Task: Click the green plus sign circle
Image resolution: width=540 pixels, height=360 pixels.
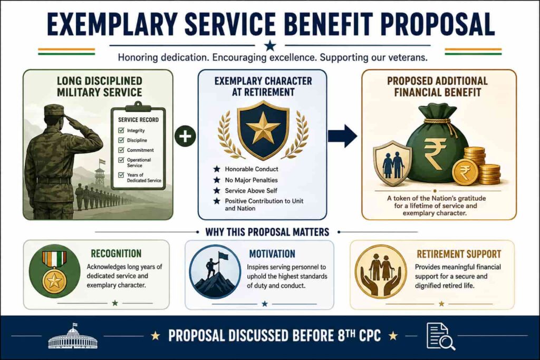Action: click(185, 136)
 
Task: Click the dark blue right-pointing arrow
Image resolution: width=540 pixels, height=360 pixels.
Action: click(342, 136)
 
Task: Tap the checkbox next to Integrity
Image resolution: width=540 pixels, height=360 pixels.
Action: click(121, 130)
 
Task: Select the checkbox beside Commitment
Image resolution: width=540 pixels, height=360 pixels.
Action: click(121, 150)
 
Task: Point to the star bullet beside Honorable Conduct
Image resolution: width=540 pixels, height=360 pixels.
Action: click(217, 169)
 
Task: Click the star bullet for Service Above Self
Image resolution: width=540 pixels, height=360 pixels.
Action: click(217, 190)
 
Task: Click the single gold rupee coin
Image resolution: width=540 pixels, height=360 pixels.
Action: click(465, 172)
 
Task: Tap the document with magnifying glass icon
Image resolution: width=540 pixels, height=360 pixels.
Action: click(440, 336)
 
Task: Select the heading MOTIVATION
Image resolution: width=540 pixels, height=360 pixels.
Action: click(272, 254)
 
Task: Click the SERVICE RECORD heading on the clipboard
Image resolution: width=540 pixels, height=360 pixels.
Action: click(139, 120)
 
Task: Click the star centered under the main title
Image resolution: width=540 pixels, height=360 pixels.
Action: click(270, 45)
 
